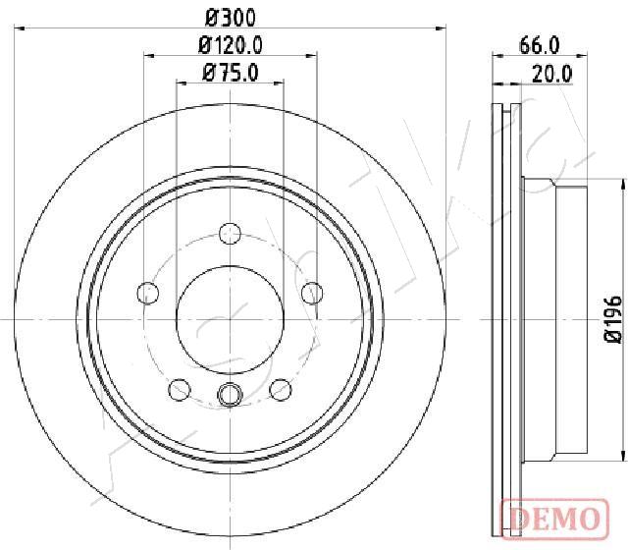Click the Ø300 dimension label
[230, 18]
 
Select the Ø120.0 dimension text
[231, 45]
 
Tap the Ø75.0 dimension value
[231, 73]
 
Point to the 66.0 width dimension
[539, 45]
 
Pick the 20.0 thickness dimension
[552, 74]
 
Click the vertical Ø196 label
[613, 319]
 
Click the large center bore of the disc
[230, 319]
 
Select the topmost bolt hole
[230, 234]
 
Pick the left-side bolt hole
[148, 293]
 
